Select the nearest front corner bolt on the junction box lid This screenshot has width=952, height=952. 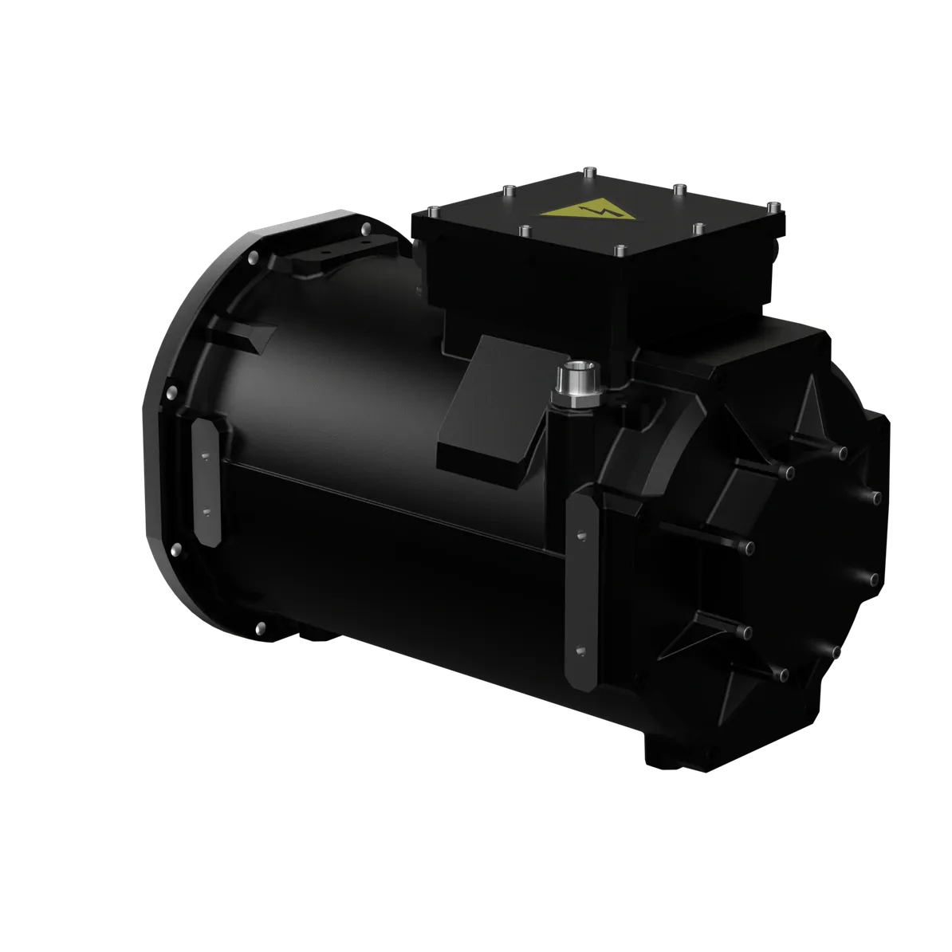pos(619,250)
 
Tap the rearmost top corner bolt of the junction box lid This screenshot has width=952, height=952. pos(588,168)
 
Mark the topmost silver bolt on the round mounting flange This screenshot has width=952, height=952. pos(365,229)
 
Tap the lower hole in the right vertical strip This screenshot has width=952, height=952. pos(580,649)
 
